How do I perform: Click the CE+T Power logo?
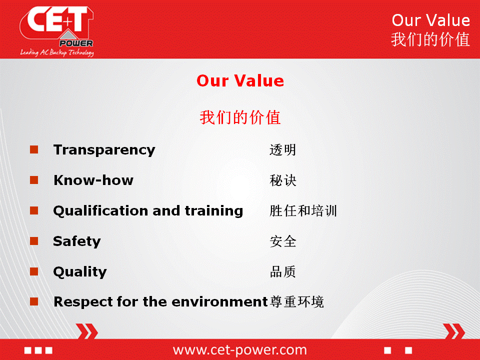[x=57, y=31]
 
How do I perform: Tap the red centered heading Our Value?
[x=240, y=81]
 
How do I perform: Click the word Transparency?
[x=104, y=150]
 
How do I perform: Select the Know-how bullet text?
[x=93, y=180]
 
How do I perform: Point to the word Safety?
[x=77, y=241]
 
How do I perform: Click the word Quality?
[x=80, y=272]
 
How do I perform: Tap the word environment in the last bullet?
[x=220, y=302]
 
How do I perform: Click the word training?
[x=214, y=211]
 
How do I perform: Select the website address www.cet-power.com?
[x=239, y=350]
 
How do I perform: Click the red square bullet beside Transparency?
[x=34, y=149]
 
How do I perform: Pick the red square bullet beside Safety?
[x=34, y=241]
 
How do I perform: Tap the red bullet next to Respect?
[x=34, y=301]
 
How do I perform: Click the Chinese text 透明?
[x=283, y=150]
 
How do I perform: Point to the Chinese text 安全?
[x=283, y=241]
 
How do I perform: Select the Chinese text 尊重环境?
[x=296, y=302]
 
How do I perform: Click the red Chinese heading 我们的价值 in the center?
[x=240, y=117]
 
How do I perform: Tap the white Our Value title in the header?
[x=430, y=20]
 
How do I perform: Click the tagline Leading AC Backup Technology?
[x=57, y=52]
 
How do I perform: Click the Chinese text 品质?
[x=283, y=272]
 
